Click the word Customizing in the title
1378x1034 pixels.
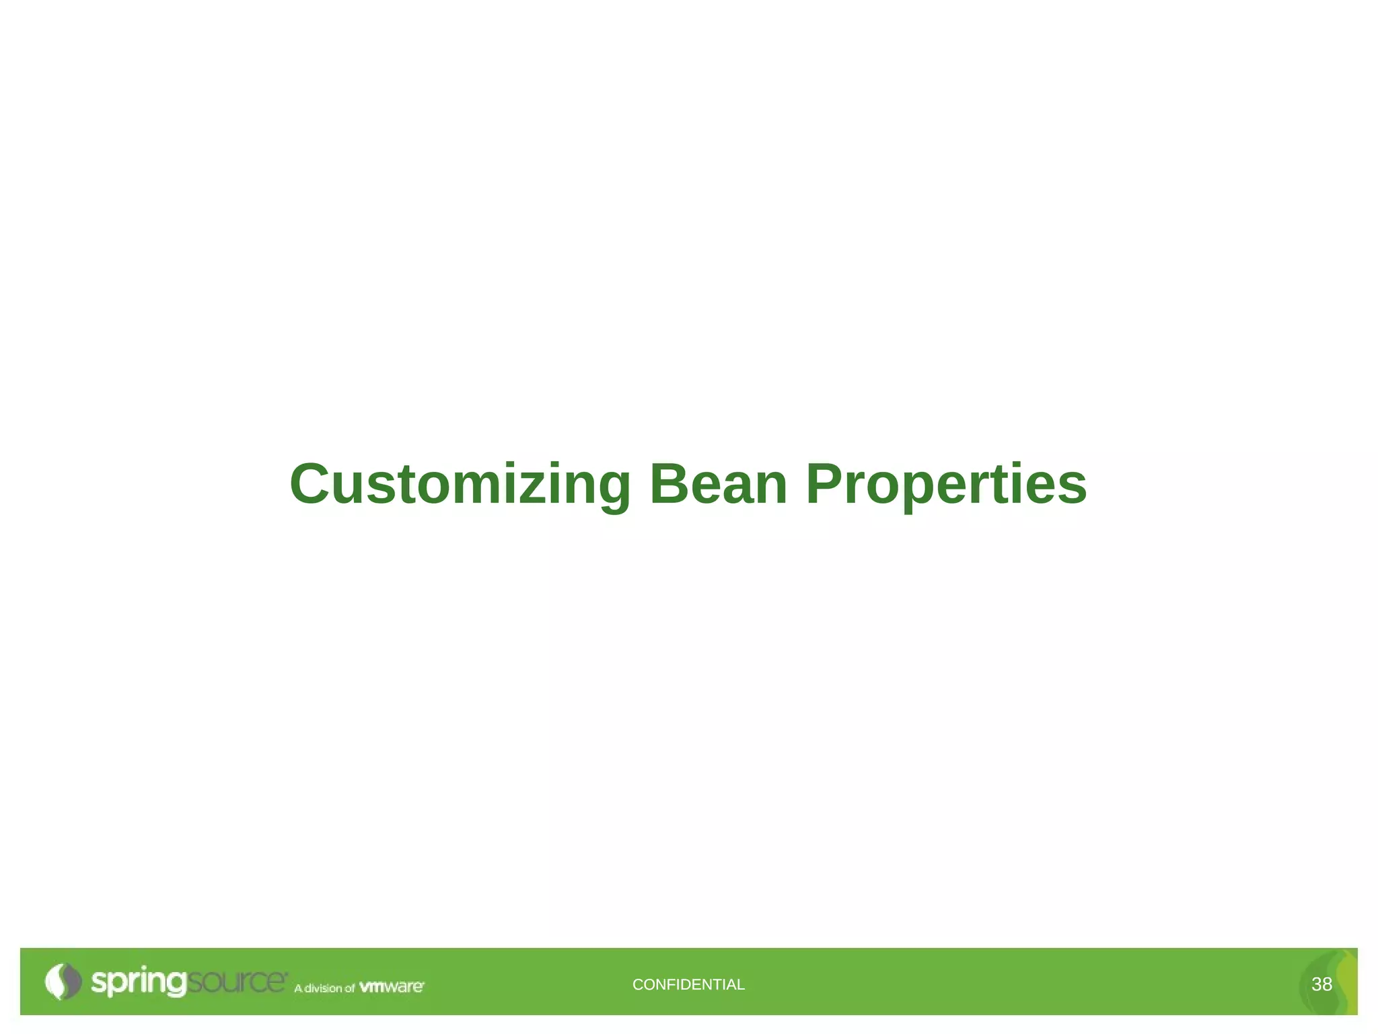(460, 485)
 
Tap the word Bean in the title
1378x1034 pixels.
(718, 485)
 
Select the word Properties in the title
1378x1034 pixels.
(946, 485)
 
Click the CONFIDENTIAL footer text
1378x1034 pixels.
(688, 984)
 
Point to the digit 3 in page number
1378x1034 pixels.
(1317, 984)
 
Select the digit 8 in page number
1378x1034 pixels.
(1328, 984)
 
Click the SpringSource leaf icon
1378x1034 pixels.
(63, 981)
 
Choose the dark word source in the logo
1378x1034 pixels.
(236, 981)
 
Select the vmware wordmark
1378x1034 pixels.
(392, 987)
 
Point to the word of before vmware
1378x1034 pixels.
(349, 988)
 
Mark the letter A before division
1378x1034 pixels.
(298, 988)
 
